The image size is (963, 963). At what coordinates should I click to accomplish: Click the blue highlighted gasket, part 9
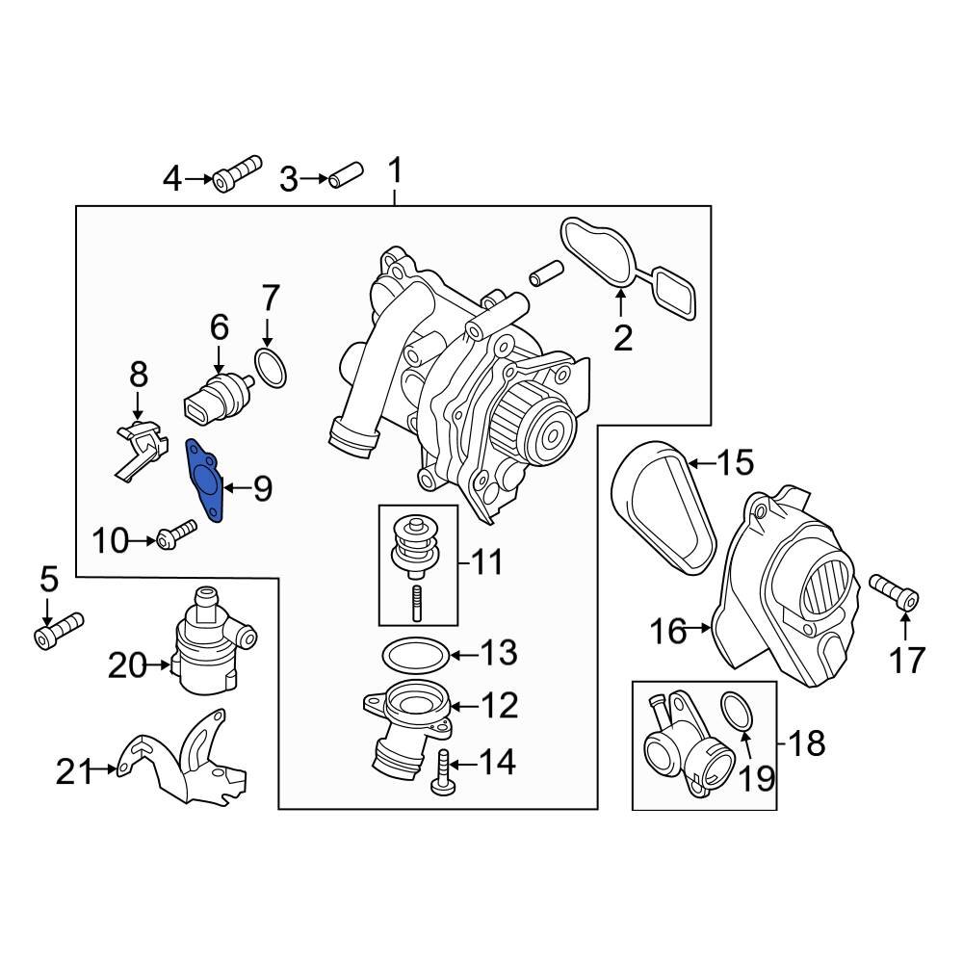(x=204, y=479)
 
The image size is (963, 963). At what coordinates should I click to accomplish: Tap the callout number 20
(x=127, y=664)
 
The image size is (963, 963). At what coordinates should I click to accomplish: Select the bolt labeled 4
(x=237, y=174)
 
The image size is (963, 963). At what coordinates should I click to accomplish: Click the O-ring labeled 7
(x=271, y=369)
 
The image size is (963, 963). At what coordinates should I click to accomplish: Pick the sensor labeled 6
(x=216, y=399)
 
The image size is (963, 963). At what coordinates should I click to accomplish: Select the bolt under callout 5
(x=59, y=629)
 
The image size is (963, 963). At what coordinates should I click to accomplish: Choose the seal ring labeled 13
(x=416, y=655)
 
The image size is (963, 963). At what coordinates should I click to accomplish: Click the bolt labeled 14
(x=442, y=773)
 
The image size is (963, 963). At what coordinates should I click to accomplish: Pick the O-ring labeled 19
(x=737, y=713)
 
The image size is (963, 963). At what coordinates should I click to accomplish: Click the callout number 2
(x=623, y=338)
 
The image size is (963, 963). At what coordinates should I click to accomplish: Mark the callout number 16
(x=670, y=632)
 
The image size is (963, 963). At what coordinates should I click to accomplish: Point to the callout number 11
(x=486, y=561)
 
